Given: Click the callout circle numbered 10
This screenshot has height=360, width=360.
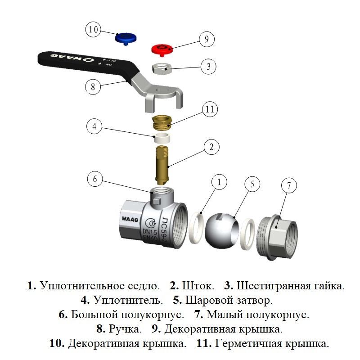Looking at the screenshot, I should pos(94,30).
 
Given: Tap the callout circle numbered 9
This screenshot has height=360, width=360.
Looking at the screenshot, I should pos(207,39).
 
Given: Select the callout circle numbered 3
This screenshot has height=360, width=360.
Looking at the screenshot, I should pos(207,67).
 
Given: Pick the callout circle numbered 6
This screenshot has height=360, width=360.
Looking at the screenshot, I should pos(95,179).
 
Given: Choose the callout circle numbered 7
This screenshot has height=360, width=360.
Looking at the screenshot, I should pos(289,185).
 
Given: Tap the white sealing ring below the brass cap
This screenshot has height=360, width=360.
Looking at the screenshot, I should pos(161,137).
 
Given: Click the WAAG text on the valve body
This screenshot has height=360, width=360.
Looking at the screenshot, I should pos(130,219).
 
